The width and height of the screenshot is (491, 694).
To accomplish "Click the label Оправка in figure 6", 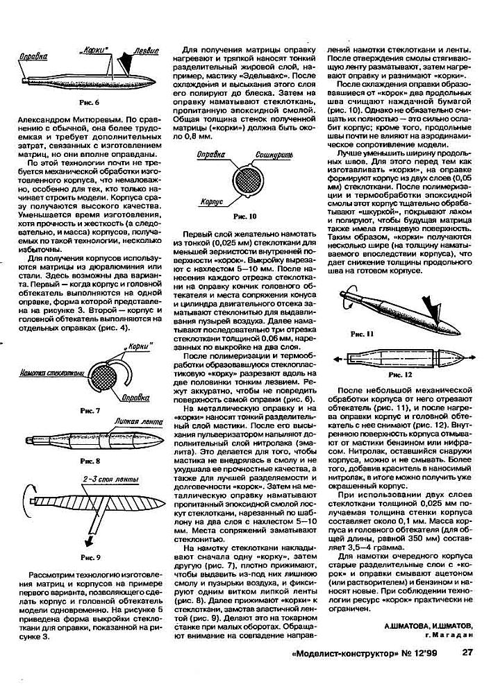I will pos(34,54).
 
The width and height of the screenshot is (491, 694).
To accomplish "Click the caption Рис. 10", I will pos(244,216).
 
